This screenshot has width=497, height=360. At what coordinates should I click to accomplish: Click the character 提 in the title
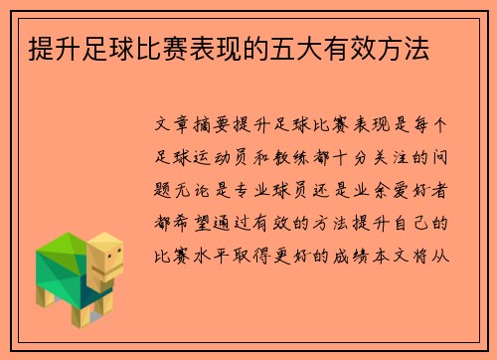point(44,46)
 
